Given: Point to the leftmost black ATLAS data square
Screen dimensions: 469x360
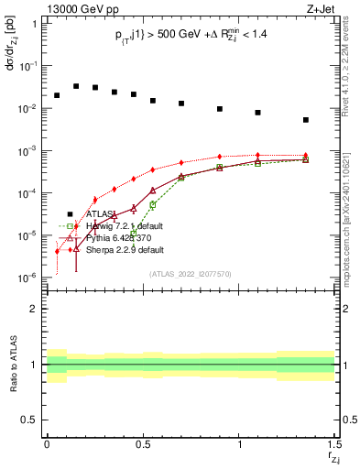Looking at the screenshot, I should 57,95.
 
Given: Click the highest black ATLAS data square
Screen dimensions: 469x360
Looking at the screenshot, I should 76,86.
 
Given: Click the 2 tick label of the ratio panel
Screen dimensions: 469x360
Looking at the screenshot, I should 35,309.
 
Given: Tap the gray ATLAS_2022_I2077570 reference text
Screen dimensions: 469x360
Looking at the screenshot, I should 190,273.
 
